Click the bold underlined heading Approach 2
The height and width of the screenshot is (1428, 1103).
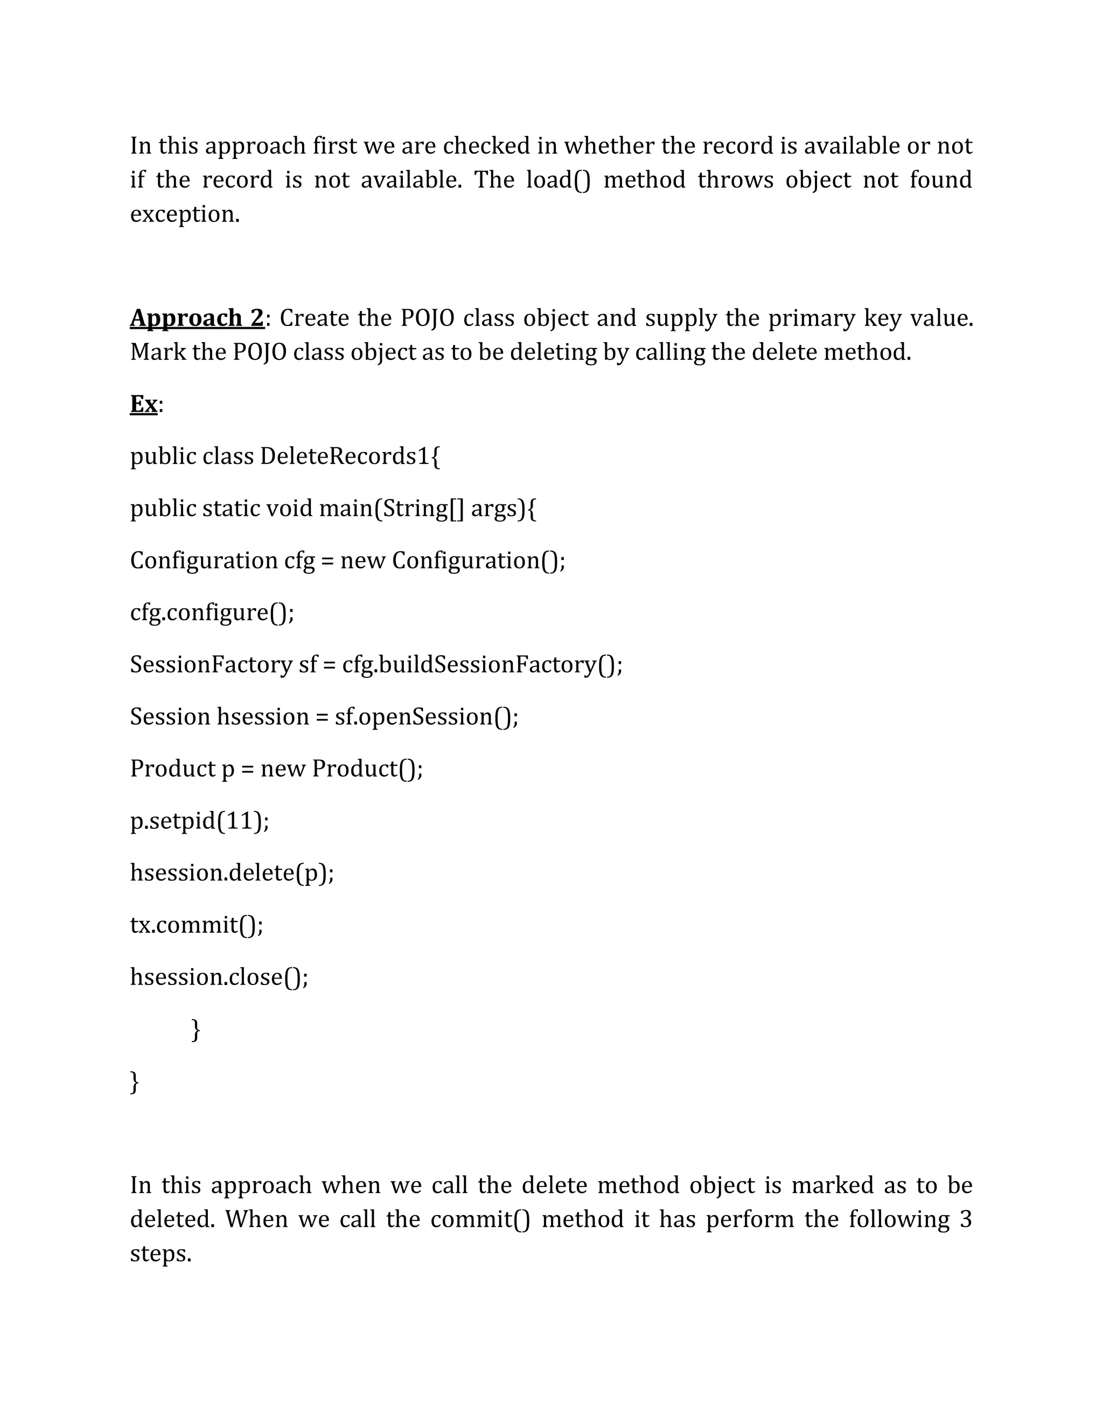[196, 318]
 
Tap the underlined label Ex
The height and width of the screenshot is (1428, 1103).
[144, 404]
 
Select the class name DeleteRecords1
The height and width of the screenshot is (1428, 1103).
[345, 456]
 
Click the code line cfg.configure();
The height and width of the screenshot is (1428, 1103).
[212, 613]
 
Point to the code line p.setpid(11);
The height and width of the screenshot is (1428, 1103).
[199, 821]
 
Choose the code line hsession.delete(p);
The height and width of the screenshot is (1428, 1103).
[232, 873]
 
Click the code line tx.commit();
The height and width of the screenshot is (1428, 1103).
[197, 925]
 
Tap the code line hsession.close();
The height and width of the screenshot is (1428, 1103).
[219, 977]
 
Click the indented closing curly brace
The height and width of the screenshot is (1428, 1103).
[196, 1029]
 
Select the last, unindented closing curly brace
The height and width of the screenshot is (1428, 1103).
[135, 1082]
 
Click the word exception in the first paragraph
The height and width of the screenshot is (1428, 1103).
[184, 214]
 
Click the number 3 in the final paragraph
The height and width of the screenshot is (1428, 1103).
[966, 1219]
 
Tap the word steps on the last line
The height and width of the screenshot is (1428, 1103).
[160, 1254]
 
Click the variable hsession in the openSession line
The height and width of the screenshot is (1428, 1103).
[262, 717]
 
